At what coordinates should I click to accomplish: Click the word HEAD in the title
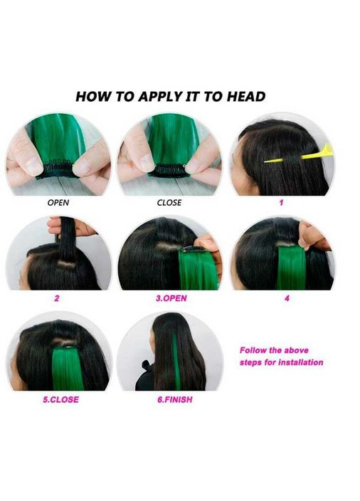click(x=246, y=97)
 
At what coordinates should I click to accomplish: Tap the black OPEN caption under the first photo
click(x=58, y=203)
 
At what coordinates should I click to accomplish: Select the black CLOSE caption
click(x=169, y=203)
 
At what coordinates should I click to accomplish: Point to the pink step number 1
click(x=281, y=203)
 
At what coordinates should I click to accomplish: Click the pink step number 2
click(x=57, y=298)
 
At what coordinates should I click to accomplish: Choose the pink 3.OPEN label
click(x=171, y=298)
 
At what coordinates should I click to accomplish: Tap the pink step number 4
click(x=287, y=298)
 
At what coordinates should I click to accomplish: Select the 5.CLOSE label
click(x=60, y=399)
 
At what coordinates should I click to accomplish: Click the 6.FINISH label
click(x=175, y=399)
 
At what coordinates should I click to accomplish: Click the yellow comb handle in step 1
click(x=317, y=153)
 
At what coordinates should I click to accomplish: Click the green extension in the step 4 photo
click(x=291, y=268)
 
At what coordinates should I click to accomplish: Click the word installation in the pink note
click(x=300, y=362)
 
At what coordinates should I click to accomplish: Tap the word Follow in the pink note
click(x=253, y=350)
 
